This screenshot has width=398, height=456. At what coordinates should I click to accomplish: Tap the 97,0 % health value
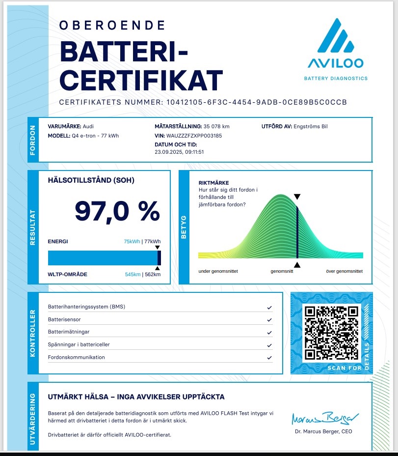(x=117, y=211)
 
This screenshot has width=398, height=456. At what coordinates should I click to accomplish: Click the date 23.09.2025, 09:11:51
(x=179, y=152)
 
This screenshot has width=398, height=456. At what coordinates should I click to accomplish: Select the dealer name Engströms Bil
(x=311, y=126)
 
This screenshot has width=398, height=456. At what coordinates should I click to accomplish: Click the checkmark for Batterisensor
(x=269, y=320)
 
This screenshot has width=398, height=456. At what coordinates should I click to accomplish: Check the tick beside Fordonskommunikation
(x=269, y=357)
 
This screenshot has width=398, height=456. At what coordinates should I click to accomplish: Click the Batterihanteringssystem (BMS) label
(x=86, y=307)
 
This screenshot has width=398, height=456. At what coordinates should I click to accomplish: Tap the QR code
(x=331, y=333)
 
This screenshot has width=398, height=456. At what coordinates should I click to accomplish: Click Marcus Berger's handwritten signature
(x=325, y=419)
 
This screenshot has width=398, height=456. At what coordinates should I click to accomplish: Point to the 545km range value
(x=133, y=274)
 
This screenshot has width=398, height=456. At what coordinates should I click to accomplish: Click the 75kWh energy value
(x=132, y=241)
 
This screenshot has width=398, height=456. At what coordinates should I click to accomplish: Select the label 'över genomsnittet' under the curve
(x=345, y=271)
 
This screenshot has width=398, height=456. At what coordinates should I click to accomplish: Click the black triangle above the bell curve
(x=297, y=197)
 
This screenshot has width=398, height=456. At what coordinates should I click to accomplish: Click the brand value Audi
(x=88, y=126)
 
